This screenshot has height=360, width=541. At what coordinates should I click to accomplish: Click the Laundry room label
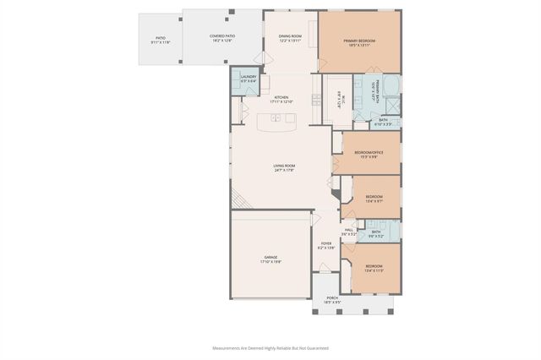point(248,79)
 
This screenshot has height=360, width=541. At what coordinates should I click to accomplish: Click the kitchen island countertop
point(282,123)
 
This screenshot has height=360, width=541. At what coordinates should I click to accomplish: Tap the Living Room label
point(283,167)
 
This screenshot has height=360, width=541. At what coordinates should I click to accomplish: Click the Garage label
point(270,257)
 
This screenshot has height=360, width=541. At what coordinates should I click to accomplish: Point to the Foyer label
point(326,243)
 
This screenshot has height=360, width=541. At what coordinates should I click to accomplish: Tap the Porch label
point(332,298)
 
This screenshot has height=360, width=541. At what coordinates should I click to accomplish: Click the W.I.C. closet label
point(338,98)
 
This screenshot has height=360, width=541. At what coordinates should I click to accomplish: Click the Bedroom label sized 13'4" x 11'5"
point(374,268)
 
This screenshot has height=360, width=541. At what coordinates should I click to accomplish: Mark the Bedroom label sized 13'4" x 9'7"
point(374,199)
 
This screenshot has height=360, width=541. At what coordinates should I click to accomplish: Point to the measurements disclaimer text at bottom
point(270,347)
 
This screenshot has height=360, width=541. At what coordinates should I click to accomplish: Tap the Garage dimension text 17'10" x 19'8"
point(270,262)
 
